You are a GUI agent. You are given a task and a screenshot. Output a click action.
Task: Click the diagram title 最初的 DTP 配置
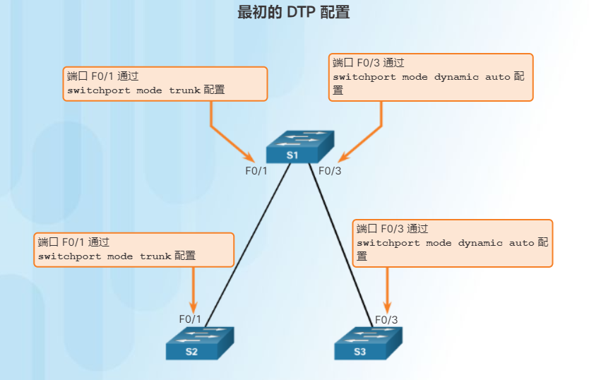click(294, 12)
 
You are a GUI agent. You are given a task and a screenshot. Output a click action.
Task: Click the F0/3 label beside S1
click(330, 170)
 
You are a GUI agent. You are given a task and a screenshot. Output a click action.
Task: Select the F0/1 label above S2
click(190, 319)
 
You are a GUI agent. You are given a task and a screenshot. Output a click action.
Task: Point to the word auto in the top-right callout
click(497, 77)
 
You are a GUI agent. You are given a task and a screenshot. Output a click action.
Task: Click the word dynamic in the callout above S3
click(480, 243)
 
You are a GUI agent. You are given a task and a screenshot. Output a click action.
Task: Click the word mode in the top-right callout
click(415, 77)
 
